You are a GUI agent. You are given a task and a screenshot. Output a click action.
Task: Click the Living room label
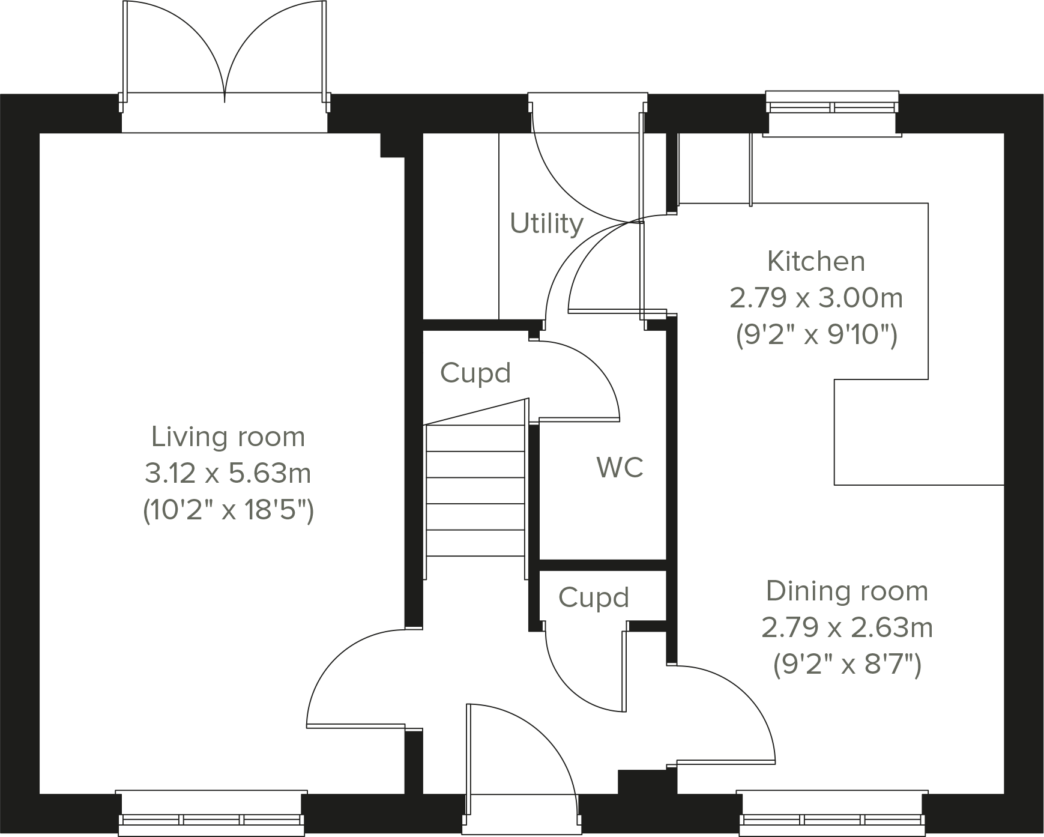(228, 437)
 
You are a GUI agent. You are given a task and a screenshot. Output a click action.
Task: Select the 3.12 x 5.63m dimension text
(228, 474)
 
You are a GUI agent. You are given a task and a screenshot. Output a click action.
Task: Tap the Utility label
(546, 223)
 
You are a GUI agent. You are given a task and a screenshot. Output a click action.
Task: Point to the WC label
(620, 467)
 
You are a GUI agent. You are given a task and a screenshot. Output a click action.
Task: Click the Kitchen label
(816, 261)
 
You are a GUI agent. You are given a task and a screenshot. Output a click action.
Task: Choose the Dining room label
(846, 591)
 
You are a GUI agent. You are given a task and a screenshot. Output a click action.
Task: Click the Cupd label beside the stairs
(475, 373)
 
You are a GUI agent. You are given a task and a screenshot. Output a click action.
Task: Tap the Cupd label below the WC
(593, 597)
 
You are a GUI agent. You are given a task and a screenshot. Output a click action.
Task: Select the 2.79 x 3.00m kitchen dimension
(816, 298)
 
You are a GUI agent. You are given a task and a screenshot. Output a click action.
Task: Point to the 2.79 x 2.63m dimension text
(846, 628)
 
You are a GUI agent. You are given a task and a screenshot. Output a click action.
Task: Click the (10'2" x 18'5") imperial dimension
(228, 511)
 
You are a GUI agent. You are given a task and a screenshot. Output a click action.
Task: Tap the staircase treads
(474, 489)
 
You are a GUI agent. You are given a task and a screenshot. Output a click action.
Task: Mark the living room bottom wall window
(211, 818)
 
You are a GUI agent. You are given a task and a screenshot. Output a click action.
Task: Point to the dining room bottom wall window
(831, 818)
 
